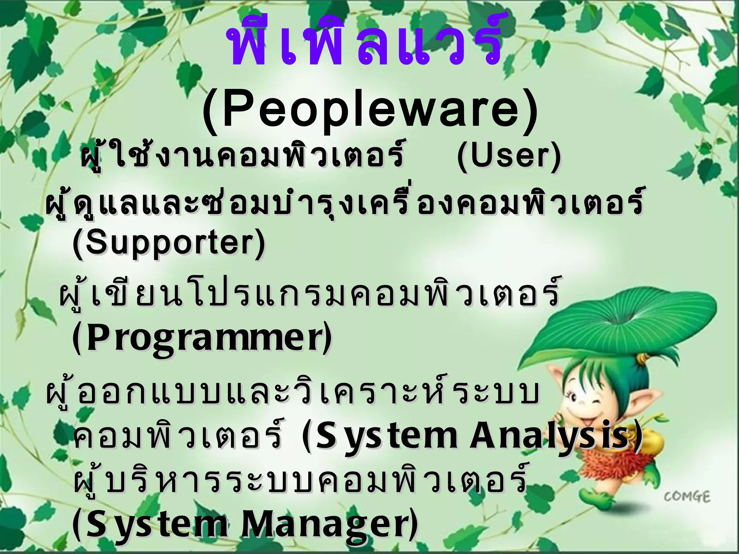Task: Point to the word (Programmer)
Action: [202, 337]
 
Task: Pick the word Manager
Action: [328, 525]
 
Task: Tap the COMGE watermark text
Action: [687, 497]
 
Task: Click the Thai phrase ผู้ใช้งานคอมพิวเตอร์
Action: [241, 156]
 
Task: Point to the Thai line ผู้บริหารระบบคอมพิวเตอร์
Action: [299, 480]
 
